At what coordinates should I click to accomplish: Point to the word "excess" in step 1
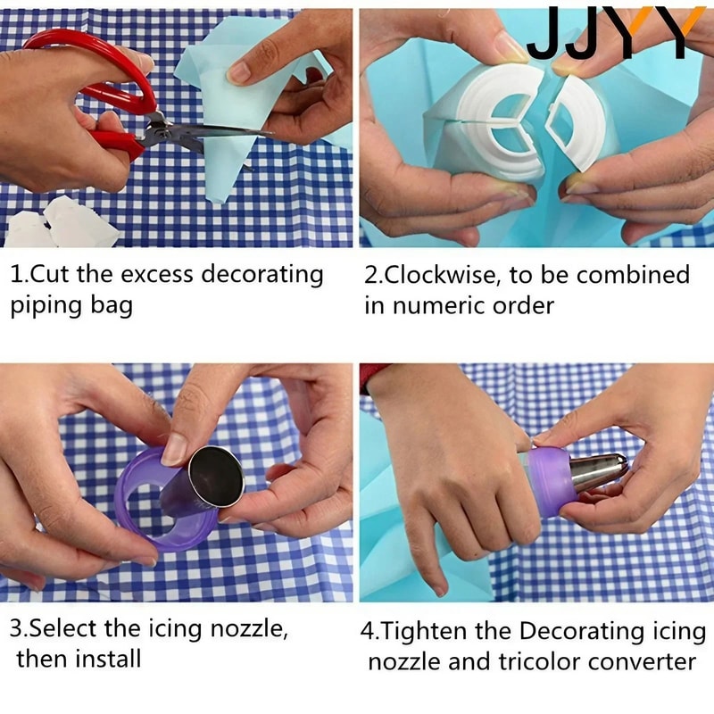coord(151,274)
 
